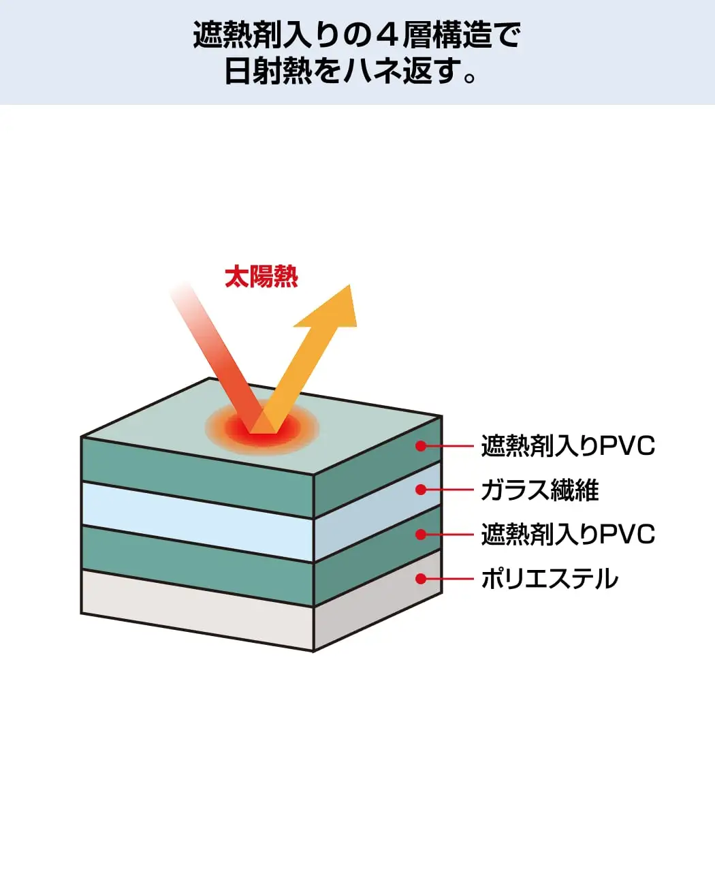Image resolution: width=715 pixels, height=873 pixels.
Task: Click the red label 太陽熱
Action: [261, 276]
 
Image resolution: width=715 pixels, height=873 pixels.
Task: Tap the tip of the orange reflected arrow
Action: [350, 285]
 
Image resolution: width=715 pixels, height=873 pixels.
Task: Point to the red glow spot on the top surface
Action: [262, 429]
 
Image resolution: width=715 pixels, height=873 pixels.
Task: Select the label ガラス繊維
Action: [539, 490]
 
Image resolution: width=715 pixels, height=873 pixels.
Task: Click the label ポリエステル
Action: [549, 579]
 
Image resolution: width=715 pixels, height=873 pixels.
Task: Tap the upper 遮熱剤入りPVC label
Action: [568, 446]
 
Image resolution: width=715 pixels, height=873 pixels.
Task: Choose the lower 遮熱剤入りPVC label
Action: [568, 534]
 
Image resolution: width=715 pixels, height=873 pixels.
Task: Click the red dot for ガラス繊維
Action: [421, 490]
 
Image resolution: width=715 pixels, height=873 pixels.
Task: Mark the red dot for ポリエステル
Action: [421, 579]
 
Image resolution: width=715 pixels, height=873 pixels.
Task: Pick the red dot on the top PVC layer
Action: [421, 446]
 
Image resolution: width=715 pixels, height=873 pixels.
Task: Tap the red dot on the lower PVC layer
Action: [421, 535]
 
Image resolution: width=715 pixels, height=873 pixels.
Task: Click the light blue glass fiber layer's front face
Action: [197, 522]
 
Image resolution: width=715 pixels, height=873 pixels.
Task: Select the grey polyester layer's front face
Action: [197, 609]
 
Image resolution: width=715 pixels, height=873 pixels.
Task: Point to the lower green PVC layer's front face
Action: [197, 566]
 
